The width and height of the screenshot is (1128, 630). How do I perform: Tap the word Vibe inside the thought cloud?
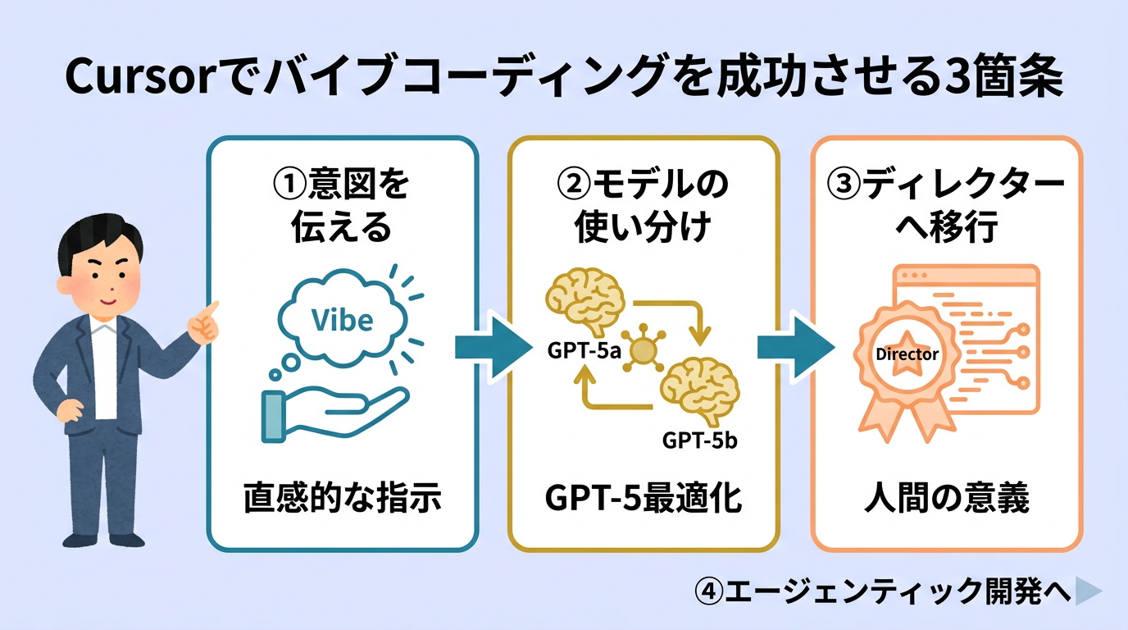(343, 321)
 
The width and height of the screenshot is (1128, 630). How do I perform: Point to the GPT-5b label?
(699, 441)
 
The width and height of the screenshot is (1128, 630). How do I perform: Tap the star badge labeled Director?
(907, 356)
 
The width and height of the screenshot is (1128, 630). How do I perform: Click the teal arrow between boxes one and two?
(490, 348)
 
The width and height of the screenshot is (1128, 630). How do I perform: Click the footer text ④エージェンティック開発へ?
(883, 591)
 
